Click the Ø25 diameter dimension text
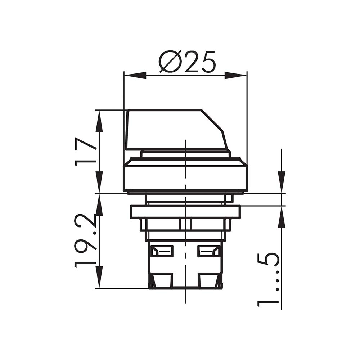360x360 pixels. (x=187, y=61)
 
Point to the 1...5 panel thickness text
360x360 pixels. (x=268, y=280)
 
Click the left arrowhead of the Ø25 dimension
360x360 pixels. (x=135, y=75)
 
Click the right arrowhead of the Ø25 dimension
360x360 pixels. (x=235, y=75)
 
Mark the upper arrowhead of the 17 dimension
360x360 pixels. (x=99, y=121)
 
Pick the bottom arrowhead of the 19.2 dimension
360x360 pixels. (x=99, y=277)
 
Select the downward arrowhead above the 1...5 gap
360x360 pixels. (x=282, y=182)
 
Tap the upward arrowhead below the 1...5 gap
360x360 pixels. (x=282, y=217)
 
